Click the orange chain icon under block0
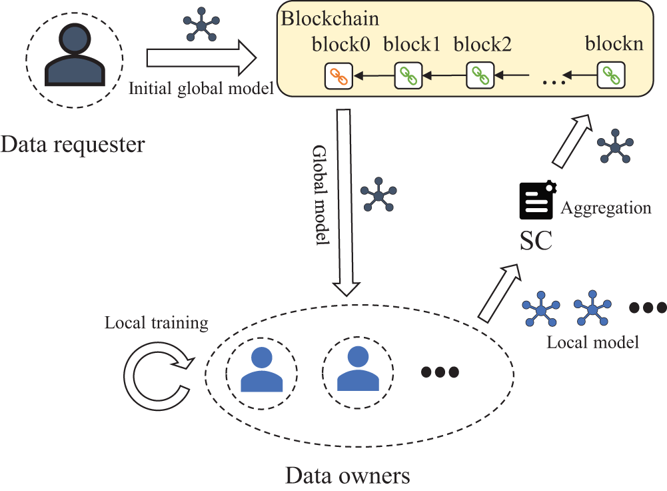pos(339,75)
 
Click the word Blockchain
pos(320,18)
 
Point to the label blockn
pos(614,45)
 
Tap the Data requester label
pos(73,143)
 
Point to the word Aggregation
pos(605,208)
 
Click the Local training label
pos(157,324)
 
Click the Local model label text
pos(593,342)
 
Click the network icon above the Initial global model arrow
pos(201,25)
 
